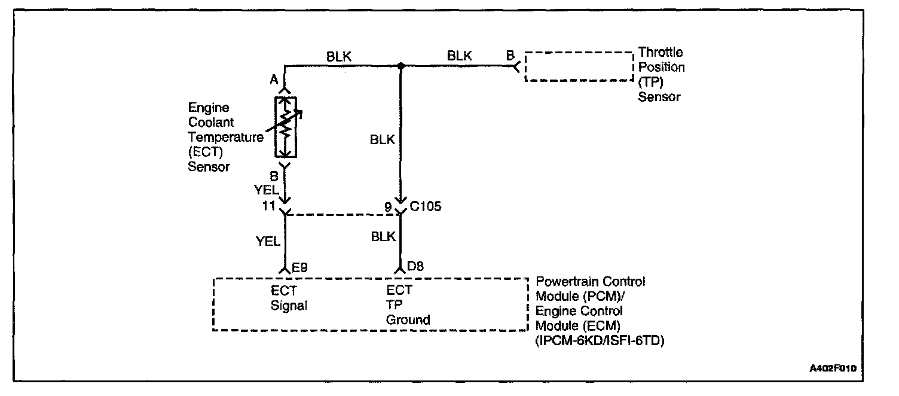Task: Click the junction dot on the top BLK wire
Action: tap(401, 66)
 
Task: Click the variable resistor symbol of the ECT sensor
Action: tap(286, 126)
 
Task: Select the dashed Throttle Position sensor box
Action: tap(579, 66)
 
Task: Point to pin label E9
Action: tap(299, 266)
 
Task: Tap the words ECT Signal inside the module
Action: tap(289, 298)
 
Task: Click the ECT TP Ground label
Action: tap(408, 305)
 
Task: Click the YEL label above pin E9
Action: tap(268, 241)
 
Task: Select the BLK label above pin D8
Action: tap(383, 236)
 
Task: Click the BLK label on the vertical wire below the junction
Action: tap(383, 140)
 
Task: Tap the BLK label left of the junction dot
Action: tap(338, 56)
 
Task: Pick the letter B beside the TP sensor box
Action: tap(510, 56)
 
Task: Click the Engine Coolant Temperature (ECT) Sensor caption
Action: tap(225, 138)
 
